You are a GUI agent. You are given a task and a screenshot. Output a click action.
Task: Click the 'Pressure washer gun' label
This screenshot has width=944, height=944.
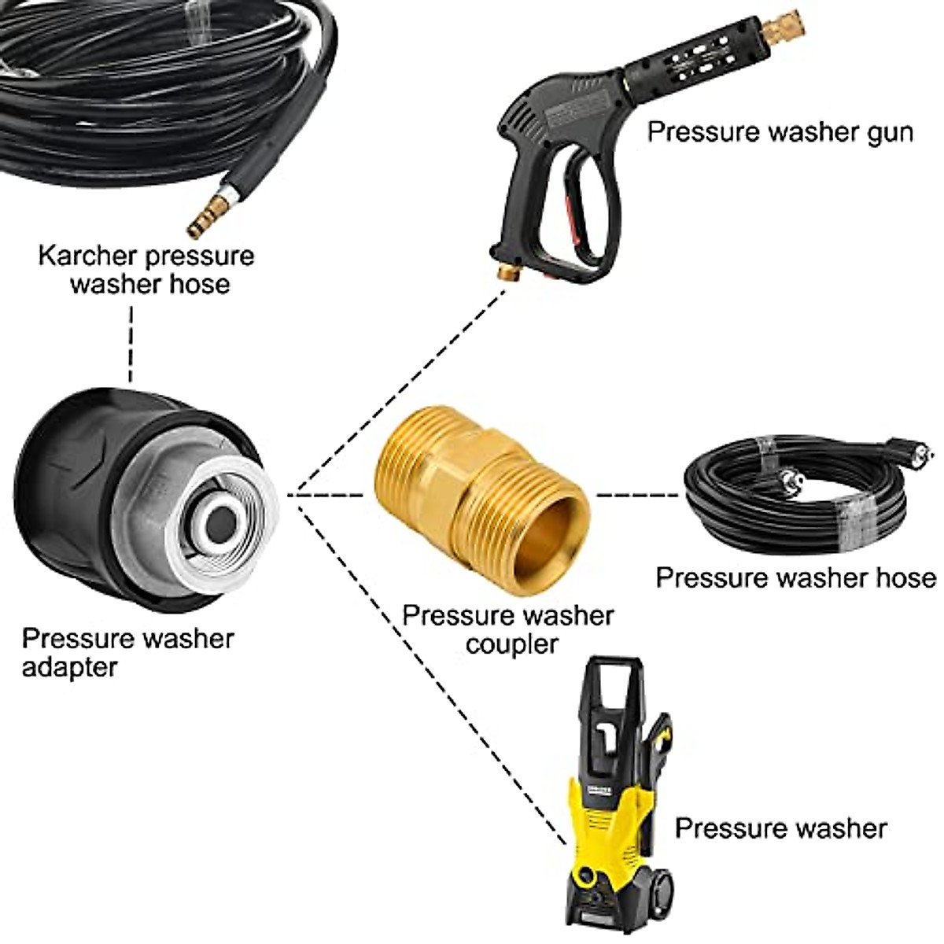tap(780, 131)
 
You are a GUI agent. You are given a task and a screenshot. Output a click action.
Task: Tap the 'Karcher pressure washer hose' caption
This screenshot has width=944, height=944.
tap(146, 269)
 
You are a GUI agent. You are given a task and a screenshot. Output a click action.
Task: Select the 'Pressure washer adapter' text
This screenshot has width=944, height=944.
tap(127, 652)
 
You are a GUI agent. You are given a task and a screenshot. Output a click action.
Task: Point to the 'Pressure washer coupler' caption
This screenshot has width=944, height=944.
tap(508, 629)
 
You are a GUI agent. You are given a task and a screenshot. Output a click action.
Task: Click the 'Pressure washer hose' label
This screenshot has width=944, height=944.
tap(795, 577)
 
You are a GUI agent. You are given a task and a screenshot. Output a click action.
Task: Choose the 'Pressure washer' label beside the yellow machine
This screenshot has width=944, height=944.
tap(780, 828)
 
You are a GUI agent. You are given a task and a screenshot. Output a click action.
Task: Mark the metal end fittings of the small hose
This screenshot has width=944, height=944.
tap(789, 479)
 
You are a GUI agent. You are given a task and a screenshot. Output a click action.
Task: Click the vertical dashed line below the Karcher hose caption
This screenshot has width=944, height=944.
tap(131, 343)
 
